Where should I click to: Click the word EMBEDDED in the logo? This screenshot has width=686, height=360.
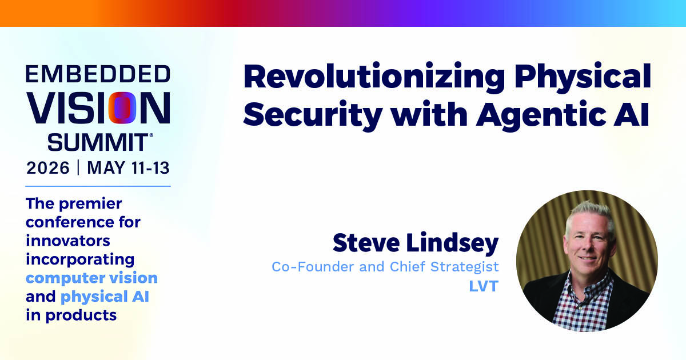pos(98,74)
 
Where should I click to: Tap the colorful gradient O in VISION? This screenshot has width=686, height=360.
pos(122,108)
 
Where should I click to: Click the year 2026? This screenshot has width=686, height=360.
pos(48,168)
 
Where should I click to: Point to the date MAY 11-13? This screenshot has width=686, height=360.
pos(128,168)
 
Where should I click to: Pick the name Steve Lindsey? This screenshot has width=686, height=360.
pos(416,243)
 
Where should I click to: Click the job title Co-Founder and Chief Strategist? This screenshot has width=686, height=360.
pos(385,267)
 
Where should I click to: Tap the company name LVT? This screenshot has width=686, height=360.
pos(484,286)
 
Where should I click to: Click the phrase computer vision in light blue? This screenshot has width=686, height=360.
pos(91,278)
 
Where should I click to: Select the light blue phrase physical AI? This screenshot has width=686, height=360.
pos(105,297)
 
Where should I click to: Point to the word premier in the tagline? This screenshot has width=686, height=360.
pos(90,204)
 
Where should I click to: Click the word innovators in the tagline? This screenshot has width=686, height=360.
pos(67,241)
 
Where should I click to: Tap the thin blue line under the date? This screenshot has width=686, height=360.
pos(98,186)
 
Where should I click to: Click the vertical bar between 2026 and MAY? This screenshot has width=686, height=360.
pos(78,168)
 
